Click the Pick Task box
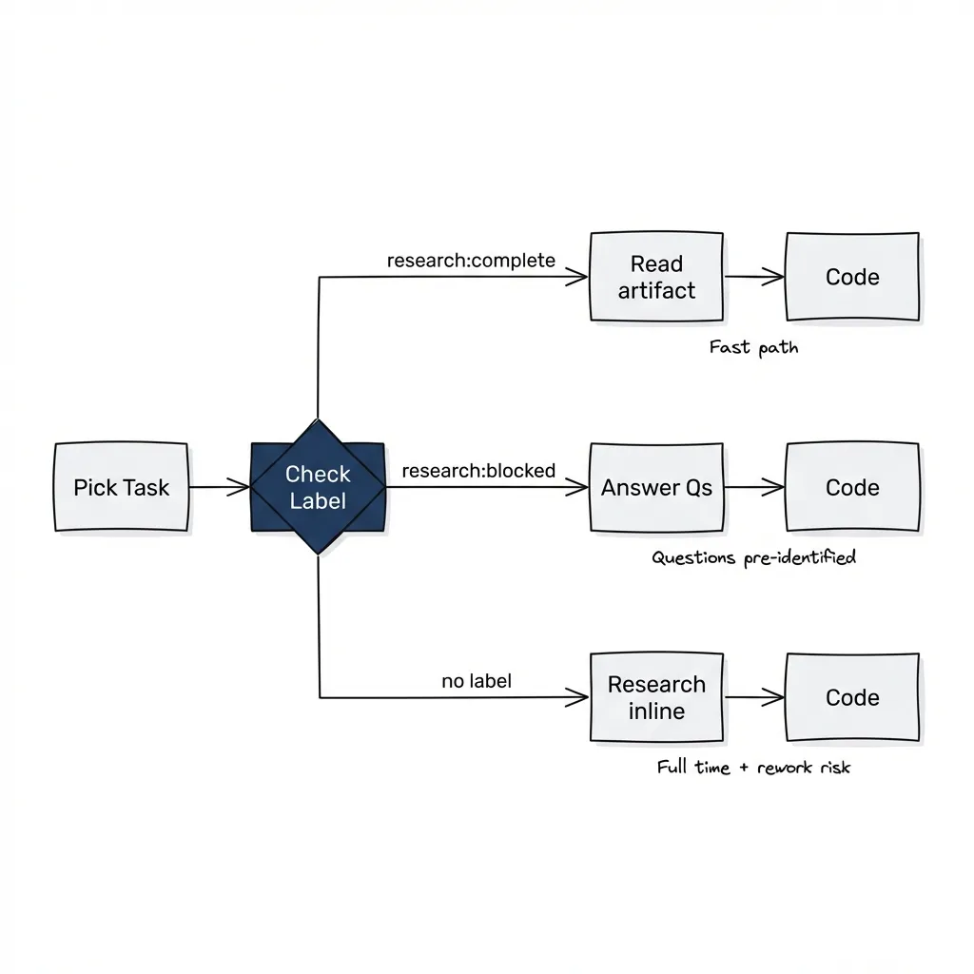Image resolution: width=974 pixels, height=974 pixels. pyautogui.click(x=121, y=487)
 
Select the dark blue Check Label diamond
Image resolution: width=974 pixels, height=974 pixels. pyautogui.click(x=318, y=486)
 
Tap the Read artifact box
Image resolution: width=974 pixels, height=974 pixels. pyautogui.click(x=656, y=277)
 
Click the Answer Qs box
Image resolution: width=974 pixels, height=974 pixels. pyautogui.click(x=656, y=487)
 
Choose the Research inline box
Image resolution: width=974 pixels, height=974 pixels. pyautogui.click(x=656, y=697)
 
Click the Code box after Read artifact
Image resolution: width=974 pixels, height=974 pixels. pyautogui.click(x=852, y=277)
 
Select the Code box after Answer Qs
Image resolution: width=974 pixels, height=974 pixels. pyautogui.click(x=852, y=487)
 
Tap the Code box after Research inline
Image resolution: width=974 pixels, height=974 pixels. pyautogui.click(x=852, y=697)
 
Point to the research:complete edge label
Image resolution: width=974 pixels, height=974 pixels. pyautogui.click(x=471, y=261)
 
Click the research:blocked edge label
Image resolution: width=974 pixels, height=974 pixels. pyautogui.click(x=478, y=471)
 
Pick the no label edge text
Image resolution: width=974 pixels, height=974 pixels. pyautogui.click(x=476, y=681)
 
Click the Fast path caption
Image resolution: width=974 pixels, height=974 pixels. pyautogui.click(x=753, y=347)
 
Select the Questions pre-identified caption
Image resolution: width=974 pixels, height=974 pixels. pyautogui.click(x=753, y=557)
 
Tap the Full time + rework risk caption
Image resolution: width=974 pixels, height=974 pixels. pyautogui.click(x=753, y=767)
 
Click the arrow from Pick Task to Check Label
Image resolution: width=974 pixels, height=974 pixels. pyautogui.click(x=219, y=487)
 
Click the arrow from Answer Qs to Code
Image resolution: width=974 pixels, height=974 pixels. pyautogui.click(x=754, y=487)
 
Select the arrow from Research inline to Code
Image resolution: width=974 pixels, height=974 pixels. pyautogui.click(x=754, y=697)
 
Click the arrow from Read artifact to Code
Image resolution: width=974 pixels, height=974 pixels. pyautogui.click(x=754, y=277)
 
